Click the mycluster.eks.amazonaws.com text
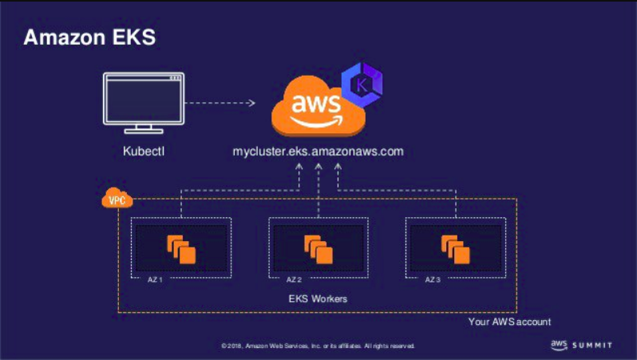tap(318, 151)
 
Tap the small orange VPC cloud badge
tap(117, 200)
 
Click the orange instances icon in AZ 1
tap(181, 248)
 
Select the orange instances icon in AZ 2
tap(318, 248)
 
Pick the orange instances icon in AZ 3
tap(456, 248)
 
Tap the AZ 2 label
tap(293, 280)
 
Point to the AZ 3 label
tap(432, 280)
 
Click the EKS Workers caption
tap(318, 299)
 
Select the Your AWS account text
tap(509, 322)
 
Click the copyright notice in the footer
tap(318, 346)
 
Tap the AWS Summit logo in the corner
tap(581, 345)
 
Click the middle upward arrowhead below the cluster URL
tap(318, 167)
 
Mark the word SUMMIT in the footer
tap(592, 345)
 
